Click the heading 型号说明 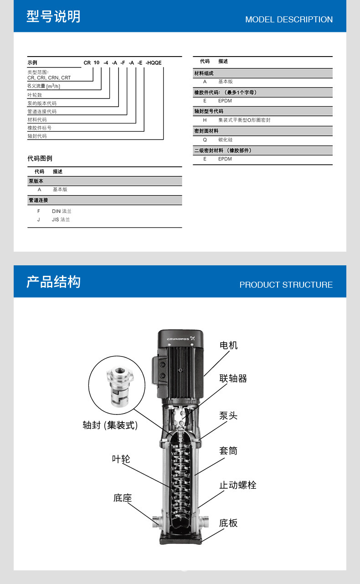coord(53,17)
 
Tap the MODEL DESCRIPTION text coord(289,20)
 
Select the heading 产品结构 coord(53,282)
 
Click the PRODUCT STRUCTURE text coord(286,285)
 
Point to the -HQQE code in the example coord(154,63)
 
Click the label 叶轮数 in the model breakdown coord(35,95)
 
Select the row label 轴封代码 coord(37,136)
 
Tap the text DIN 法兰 coord(62,211)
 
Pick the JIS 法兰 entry coord(61,219)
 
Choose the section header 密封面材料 coord(206,131)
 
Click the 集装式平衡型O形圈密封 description coord(244,120)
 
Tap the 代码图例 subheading coord(40,158)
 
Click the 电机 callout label coord(228,345)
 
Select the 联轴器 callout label coord(233,378)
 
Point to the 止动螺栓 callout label coord(237,485)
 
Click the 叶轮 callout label coord(121,459)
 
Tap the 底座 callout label coord(122,498)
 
